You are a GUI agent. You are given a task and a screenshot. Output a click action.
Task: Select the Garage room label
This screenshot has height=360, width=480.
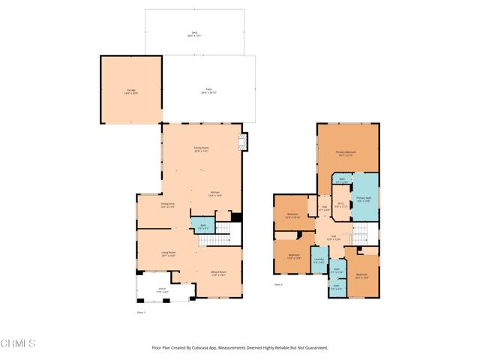tap(131, 91)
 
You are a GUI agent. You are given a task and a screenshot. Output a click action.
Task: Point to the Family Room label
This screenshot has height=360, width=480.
tap(201, 149)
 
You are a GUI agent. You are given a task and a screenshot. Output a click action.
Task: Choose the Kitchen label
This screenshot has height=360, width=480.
tap(214, 193)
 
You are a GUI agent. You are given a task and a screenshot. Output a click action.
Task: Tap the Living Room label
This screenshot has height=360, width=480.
tap(169, 253)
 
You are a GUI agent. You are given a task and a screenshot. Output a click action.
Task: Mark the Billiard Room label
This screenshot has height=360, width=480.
tap(218, 274)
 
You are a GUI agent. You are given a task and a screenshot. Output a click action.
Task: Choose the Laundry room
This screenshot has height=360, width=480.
tap(319, 262)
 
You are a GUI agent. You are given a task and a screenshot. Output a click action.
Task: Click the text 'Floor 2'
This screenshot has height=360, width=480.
tap(278, 285)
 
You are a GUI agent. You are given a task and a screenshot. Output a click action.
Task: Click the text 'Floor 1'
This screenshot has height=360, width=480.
tap(140, 311)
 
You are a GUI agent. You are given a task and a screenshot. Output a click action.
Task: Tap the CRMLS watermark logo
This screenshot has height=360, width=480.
tap(19, 344)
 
